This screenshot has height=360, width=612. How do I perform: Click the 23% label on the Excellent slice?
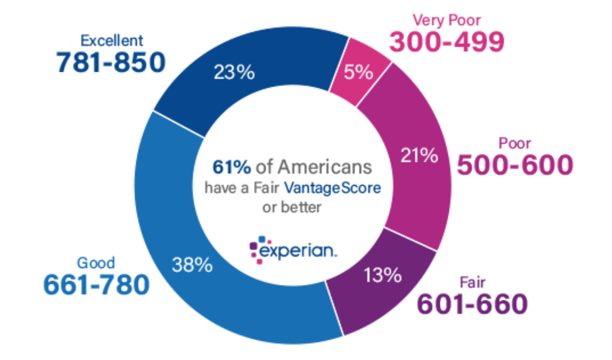click(x=234, y=72)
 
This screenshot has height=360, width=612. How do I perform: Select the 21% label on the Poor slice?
click(x=420, y=155)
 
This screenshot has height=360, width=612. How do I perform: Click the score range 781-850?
click(x=111, y=63)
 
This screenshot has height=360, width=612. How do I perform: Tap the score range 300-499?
click(x=447, y=42)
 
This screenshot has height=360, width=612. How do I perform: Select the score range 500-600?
click(x=514, y=165)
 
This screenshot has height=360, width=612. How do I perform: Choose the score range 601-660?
click(x=472, y=304)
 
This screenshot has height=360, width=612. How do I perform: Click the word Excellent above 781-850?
click(x=112, y=40)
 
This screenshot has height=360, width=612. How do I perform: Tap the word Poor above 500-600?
click(x=515, y=143)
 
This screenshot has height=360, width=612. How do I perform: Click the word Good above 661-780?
click(x=96, y=262)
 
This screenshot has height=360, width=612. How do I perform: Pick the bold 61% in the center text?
click(x=231, y=167)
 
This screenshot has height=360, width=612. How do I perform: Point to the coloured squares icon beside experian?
click(x=257, y=248)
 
